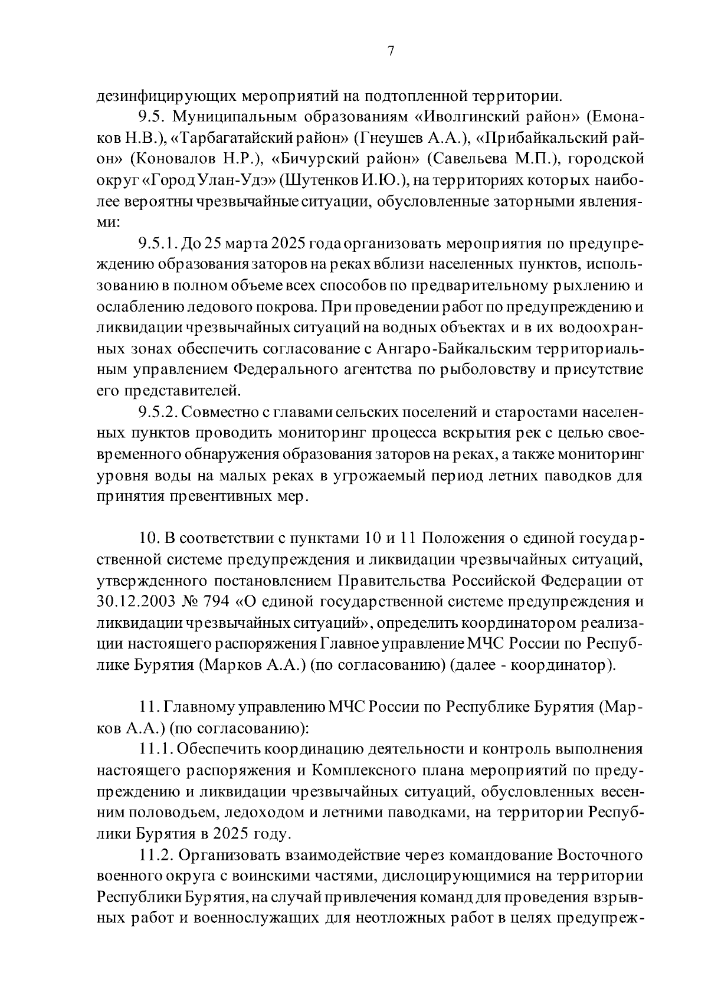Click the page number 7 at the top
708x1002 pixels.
tap(390, 51)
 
